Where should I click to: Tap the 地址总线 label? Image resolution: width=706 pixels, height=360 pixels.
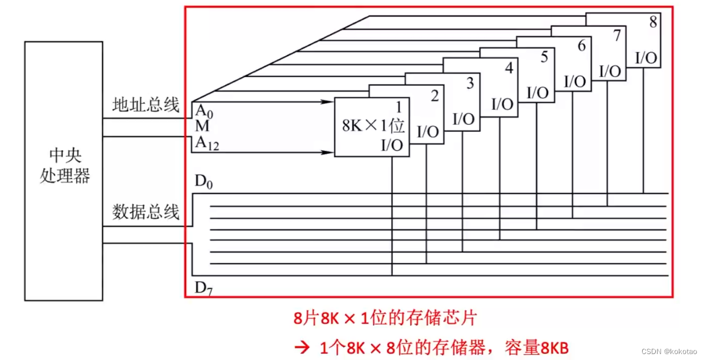pyautogui.click(x=145, y=106)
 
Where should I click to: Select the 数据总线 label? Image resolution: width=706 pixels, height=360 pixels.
pyautogui.click(x=145, y=212)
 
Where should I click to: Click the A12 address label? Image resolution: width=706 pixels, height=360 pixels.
pyautogui.click(x=206, y=143)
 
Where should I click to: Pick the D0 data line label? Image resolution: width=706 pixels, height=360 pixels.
pyautogui.click(x=203, y=182)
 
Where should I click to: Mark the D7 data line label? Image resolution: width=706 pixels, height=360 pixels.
pyautogui.click(x=203, y=289)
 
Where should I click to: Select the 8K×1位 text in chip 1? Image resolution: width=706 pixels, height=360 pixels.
pyautogui.click(x=372, y=126)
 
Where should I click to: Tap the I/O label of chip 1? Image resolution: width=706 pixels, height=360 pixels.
pyautogui.click(x=392, y=145)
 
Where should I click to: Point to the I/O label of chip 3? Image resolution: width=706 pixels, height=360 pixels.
pyautogui.click(x=464, y=119)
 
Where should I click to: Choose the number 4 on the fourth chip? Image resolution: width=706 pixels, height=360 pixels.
pyautogui.click(x=509, y=69)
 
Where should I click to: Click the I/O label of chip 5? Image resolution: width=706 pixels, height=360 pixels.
pyautogui.click(x=538, y=93)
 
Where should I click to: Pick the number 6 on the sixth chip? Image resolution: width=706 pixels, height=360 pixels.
pyautogui.click(x=581, y=46)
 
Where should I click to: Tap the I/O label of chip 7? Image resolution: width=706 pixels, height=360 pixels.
pyautogui.click(x=610, y=71)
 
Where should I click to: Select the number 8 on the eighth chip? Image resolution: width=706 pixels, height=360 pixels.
pyautogui.click(x=653, y=24)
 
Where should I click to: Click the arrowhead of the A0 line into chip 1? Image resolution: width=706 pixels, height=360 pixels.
pyautogui.click(x=326, y=102)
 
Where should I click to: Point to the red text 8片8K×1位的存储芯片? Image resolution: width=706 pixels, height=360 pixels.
pyautogui.click(x=385, y=319)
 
